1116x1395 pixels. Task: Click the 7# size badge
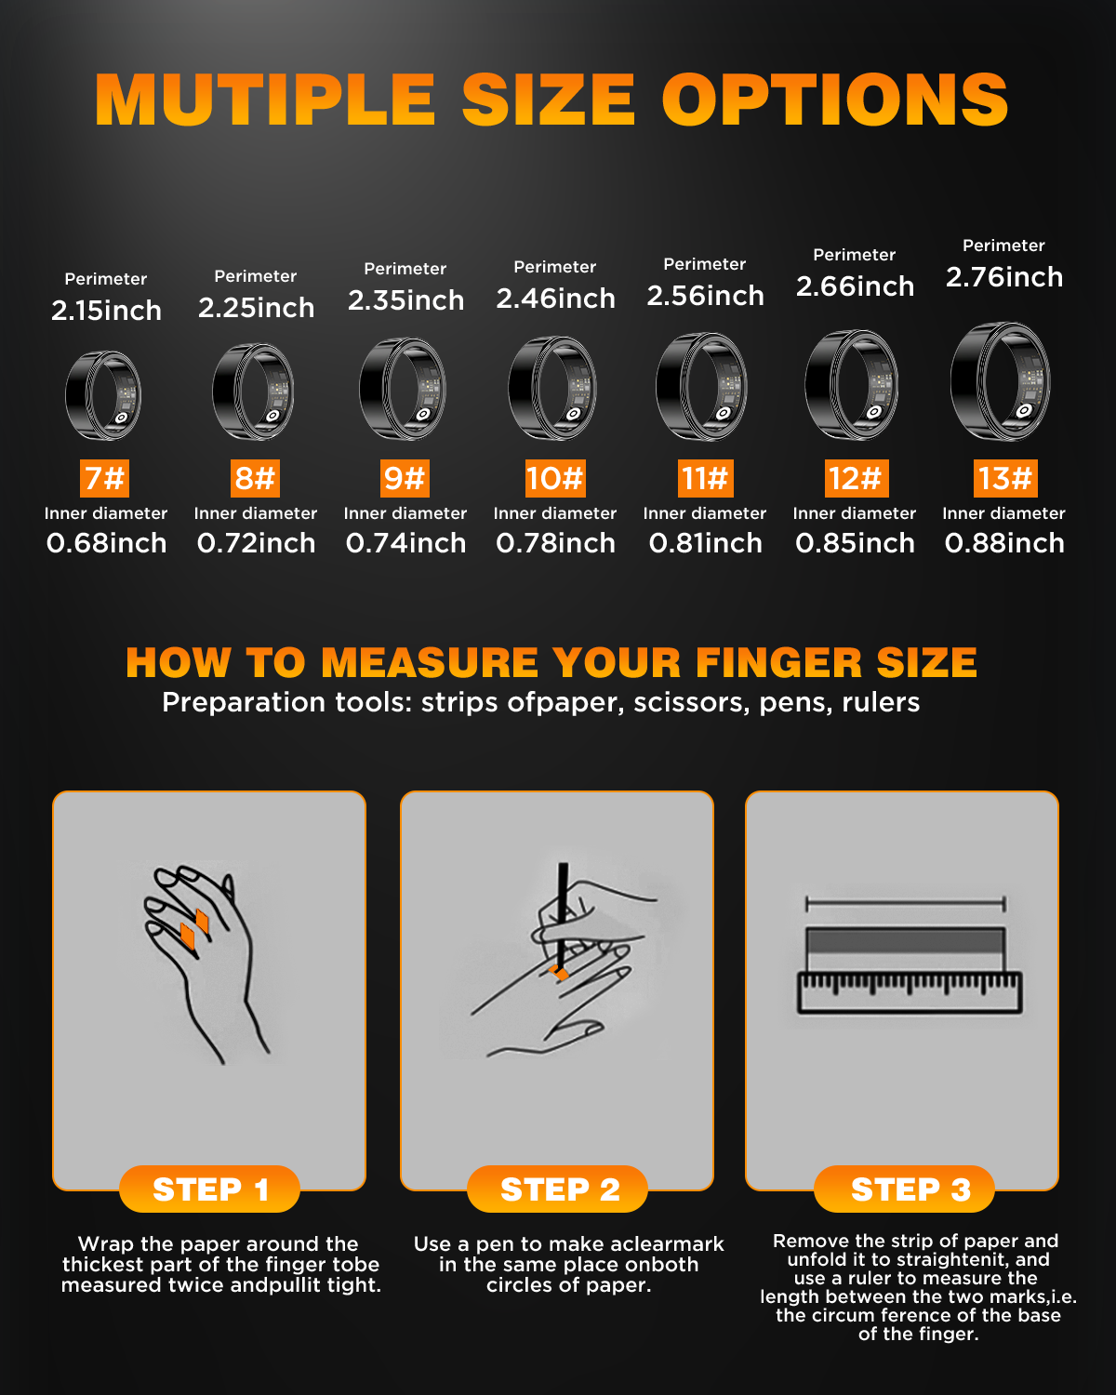(x=104, y=478)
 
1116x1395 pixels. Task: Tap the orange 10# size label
(x=555, y=478)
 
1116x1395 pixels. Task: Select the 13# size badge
(x=1005, y=478)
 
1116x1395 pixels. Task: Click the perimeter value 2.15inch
(x=106, y=311)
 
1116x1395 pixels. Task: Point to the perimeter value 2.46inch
(x=556, y=299)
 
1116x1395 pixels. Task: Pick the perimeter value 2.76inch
(x=1004, y=277)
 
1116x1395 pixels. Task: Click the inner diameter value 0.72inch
(x=256, y=543)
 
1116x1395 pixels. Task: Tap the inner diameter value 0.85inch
(x=855, y=543)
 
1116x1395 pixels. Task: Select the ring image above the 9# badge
(x=403, y=389)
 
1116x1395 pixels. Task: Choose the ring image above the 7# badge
(x=104, y=395)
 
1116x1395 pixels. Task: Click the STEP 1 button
(x=209, y=1189)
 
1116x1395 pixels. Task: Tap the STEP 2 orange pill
(x=558, y=1189)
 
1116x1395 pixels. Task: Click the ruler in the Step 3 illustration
(x=910, y=992)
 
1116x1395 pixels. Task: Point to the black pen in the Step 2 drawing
(x=563, y=915)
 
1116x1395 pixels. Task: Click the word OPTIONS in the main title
(x=835, y=100)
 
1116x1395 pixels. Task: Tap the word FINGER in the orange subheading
(x=778, y=662)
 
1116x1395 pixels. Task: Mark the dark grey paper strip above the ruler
(x=905, y=940)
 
